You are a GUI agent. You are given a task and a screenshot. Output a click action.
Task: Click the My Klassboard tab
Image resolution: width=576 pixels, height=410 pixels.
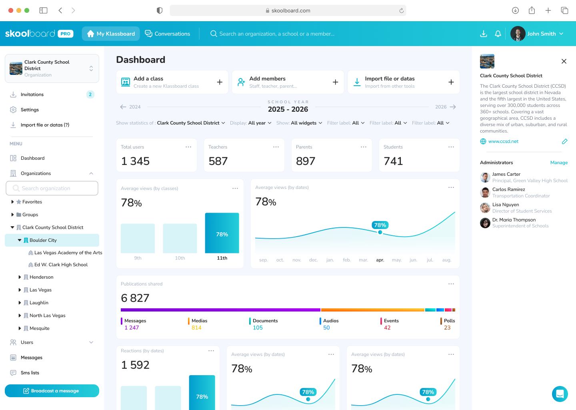(x=111, y=34)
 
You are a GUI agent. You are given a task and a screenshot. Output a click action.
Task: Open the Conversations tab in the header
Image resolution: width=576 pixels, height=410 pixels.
(x=168, y=34)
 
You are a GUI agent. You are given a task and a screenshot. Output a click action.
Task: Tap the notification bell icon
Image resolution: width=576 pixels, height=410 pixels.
(x=498, y=34)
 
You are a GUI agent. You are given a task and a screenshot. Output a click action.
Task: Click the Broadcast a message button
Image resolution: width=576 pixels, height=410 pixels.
(x=52, y=391)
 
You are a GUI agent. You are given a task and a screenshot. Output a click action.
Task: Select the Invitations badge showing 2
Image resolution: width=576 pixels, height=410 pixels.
(x=90, y=94)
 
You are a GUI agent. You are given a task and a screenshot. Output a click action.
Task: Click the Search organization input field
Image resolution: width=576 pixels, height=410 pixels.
(x=52, y=188)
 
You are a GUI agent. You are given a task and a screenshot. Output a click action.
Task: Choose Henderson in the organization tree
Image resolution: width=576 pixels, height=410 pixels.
(x=41, y=277)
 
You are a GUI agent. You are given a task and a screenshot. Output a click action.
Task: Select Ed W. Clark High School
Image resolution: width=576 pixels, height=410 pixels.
(x=61, y=265)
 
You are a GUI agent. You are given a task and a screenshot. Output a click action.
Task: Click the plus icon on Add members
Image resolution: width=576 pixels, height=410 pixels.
(x=335, y=82)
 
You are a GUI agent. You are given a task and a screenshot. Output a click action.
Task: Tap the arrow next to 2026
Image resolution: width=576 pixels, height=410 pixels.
(x=453, y=107)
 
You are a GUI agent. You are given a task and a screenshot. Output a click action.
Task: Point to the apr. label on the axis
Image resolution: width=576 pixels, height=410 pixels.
(x=380, y=260)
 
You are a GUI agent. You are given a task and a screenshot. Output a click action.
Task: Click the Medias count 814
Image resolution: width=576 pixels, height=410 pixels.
(x=196, y=328)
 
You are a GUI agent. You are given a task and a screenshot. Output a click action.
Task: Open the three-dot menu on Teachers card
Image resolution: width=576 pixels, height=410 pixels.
(x=276, y=147)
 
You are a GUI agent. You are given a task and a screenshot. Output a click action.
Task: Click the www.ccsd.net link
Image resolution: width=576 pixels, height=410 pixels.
(x=503, y=141)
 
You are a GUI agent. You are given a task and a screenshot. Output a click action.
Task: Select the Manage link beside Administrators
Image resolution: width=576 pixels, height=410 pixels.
(x=559, y=163)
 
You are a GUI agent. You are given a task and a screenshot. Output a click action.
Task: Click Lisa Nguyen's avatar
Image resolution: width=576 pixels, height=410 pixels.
(x=485, y=208)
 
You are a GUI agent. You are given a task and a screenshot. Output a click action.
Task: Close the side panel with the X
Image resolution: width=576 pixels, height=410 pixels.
(x=564, y=61)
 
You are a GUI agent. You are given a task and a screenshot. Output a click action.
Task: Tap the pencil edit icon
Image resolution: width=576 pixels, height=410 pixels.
(x=564, y=141)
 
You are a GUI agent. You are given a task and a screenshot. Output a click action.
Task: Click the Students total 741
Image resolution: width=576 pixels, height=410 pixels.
(x=393, y=161)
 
